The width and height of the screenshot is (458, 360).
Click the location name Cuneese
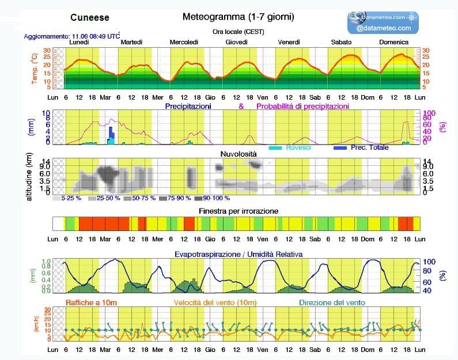pyautogui.click(x=89, y=18)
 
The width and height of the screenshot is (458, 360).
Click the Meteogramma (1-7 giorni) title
pyautogui.click(x=238, y=17)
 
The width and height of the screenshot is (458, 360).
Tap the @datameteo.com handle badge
pyautogui.click(x=383, y=28)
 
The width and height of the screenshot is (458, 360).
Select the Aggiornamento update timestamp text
pyautogui.click(x=72, y=36)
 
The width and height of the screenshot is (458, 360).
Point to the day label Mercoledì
pyautogui.click(x=184, y=42)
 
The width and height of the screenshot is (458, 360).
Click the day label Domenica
pyautogui.click(x=394, y=42)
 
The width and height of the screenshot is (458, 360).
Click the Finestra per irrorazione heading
pyautogui.click(x=239, y=211)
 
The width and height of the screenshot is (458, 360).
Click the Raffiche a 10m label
pyautogui.click(x=92, y=302)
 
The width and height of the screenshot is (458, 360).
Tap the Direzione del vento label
pyautogui.click(x=332, y=302)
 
